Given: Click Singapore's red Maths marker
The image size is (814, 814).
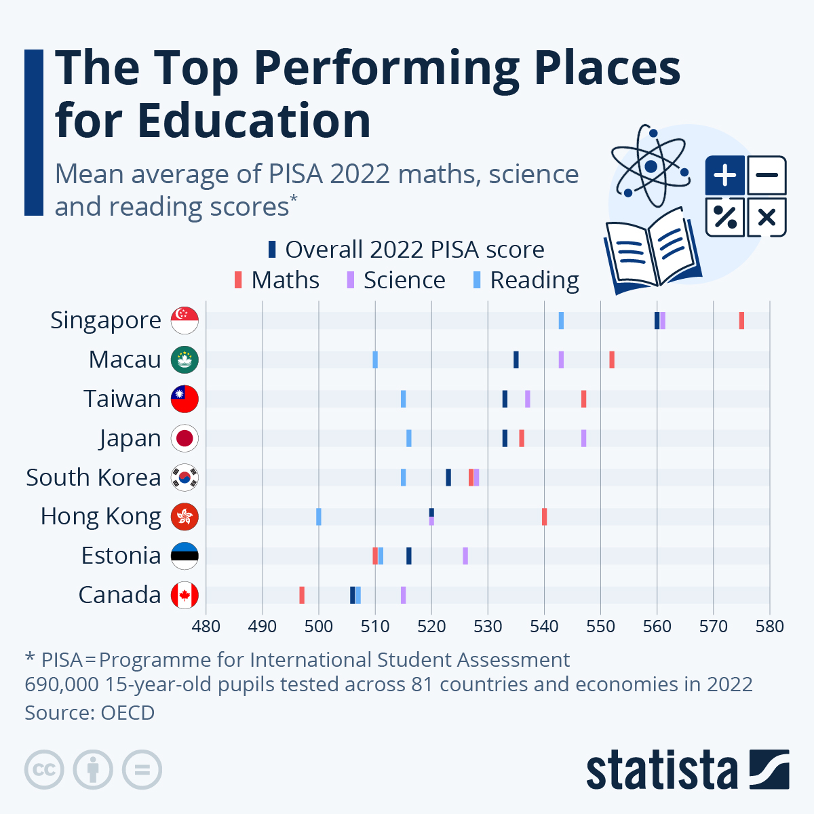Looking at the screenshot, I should tap(741, 321).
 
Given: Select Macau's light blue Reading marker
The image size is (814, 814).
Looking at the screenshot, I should tap(375, 360).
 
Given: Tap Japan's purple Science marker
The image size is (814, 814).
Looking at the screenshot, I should tap(583, 438).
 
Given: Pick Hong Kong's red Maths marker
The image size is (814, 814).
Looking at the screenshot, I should tap(544, 517).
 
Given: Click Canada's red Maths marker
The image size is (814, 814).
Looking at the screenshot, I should tap(302, 595).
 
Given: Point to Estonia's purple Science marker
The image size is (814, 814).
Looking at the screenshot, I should tap(465, 556).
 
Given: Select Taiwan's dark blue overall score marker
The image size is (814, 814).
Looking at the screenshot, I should tap(505, 399).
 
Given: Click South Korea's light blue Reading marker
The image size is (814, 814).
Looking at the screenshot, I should tap(404, 478).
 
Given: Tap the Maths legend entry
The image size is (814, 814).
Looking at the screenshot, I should tap(277, 280).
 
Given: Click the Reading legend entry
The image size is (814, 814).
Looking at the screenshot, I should tap(526, 280).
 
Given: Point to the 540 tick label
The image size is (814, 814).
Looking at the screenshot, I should tap(544, 625).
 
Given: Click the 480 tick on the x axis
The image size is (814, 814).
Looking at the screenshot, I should tap(206, 625).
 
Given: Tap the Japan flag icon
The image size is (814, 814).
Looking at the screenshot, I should tap(185, 438).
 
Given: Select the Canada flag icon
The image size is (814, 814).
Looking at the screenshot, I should tap(185, 595).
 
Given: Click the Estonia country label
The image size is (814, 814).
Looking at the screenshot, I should tap(121, 556).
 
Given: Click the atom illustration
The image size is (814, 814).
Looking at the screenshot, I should tap(651, 166).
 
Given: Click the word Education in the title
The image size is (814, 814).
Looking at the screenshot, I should tap(254, 121).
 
